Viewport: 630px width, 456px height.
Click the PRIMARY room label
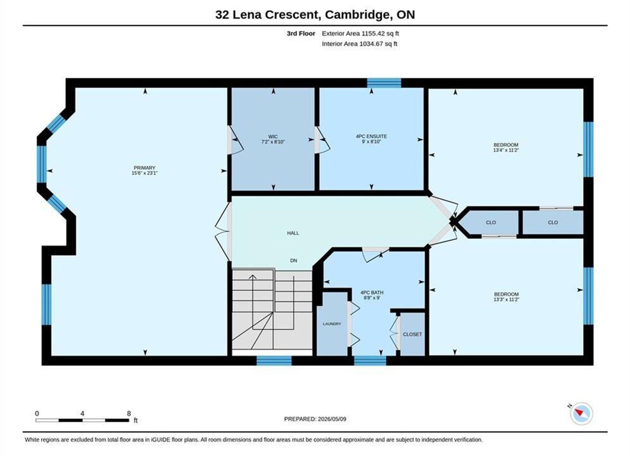coord(144,168)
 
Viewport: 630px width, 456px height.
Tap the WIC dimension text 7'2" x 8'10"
coord(274,142)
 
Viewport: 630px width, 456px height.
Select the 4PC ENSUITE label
coord(371,136)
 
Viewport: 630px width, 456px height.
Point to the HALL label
coord(293,233)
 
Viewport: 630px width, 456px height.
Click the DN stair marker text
coord(294,260)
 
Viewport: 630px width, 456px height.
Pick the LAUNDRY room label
coord(332,324)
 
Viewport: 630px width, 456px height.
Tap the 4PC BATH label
coord(372,293)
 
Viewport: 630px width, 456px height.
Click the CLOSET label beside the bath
coord(413,334)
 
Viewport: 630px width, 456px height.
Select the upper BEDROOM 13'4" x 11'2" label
coord(506,147)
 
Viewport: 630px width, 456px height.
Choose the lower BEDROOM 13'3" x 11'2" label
coord(507,296)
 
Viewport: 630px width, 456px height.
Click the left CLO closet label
coord(491,222)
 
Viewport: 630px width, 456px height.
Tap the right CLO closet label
coord(553,222)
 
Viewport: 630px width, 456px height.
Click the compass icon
coord(581,413)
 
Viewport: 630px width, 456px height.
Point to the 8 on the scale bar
coord(129,414)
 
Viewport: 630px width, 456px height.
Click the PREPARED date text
coord(315,419)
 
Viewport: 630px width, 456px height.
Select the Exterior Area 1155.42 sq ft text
coord(360,34)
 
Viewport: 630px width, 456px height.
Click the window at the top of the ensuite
coord(384,83)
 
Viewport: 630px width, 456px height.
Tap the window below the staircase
coord(274,360)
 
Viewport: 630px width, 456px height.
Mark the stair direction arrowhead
coord(253,277)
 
